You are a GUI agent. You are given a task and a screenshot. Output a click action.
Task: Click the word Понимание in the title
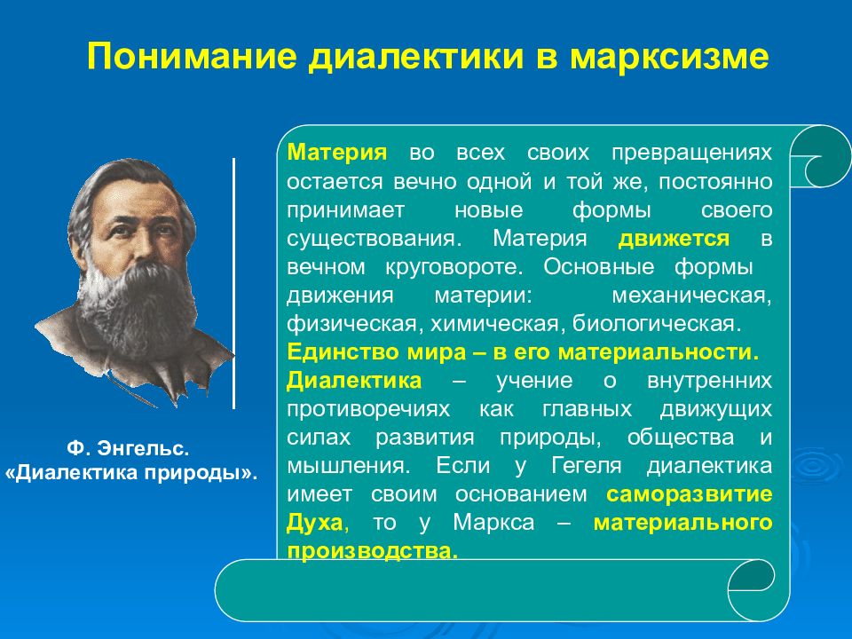point(192,55)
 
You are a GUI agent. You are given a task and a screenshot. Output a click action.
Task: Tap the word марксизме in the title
point(669,57)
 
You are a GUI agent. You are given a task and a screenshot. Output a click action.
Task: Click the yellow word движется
point(674,239)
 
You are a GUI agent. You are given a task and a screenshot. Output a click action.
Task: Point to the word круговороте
point(454,267)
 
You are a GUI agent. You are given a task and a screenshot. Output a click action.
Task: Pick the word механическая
point(691,296)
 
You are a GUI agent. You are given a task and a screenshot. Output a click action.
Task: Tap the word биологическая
point(657,324)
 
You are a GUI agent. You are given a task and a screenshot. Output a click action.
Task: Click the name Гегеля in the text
point(587,466)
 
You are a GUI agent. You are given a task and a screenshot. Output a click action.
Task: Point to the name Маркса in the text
point(493,523)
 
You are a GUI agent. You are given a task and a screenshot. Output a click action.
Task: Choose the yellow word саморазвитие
point(690,494)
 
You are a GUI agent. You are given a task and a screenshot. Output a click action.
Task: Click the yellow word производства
point(372,551)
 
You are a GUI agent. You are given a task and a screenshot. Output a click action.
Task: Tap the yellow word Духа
point(315,523)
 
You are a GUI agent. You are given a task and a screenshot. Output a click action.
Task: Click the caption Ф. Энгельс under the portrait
point(128,448)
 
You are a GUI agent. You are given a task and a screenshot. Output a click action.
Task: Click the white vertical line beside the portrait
point(233,283)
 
